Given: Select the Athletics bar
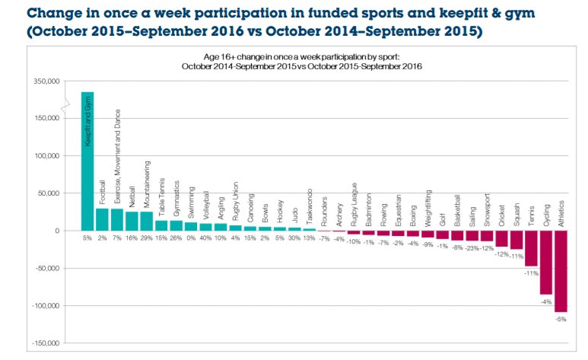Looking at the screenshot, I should (561, 270).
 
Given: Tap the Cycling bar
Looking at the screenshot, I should (546, 262).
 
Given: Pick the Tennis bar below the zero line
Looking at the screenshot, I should (532, 248).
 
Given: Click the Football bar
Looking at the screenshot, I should (102, 219).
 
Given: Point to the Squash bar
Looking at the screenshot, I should (516, 240).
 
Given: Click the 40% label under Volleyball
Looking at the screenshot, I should (205, 238).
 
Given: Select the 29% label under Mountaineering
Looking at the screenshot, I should (146, 238).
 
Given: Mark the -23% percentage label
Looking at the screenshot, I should (472, 247).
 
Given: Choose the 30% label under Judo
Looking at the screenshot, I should (294, 238).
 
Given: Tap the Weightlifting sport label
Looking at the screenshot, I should (427, 208).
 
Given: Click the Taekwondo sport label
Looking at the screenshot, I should (310, 205).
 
